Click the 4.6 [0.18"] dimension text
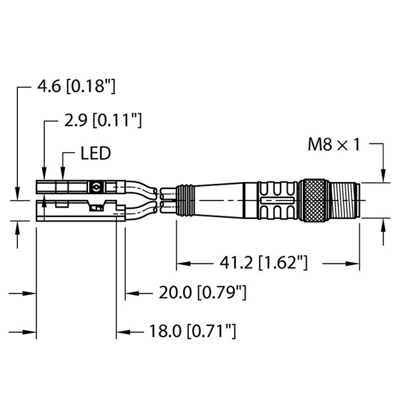(x=77, y=87)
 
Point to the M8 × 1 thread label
(x=334, y=145)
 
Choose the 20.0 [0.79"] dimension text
(x=202, y=293)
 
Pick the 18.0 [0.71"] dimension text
(x=193, y=331)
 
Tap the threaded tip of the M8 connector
(x=345, y=200)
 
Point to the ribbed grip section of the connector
(x=276, y=200)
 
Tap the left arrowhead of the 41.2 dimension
(x=181, y=262)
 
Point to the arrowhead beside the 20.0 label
(x=130, y=293)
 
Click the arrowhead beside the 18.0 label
(x=121, y=331)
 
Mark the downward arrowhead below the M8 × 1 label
(x=383, y=177)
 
